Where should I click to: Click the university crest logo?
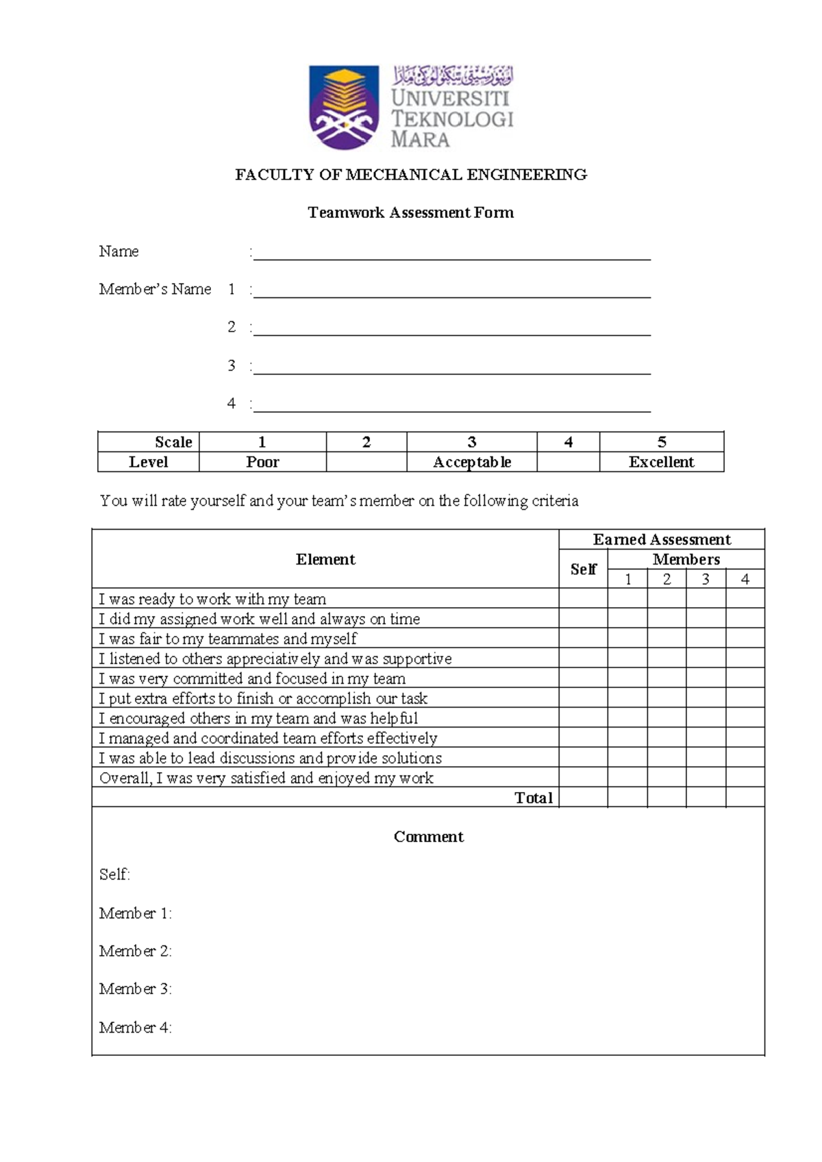point(343,107)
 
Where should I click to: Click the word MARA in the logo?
point(420,140)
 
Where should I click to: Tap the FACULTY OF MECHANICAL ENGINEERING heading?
point(411,175)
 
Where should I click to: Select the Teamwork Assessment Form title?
point(411,212)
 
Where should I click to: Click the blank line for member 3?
point(452,369)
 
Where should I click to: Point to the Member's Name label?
point(155,289)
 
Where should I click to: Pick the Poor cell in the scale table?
point(262,462)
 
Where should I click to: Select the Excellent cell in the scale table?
point(661,462)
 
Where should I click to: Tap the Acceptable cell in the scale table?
point(472,462)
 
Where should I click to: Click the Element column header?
point(325,559)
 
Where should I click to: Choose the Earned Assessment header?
point(662,539)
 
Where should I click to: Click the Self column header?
point(583,569)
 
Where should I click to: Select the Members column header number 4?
point(745,580)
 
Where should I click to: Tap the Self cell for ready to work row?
point(583,599)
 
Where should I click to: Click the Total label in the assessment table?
point(534,798)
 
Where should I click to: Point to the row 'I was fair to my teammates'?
point(227,639)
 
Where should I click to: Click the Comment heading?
point(428,837)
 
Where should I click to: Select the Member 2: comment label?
point(135,951)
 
